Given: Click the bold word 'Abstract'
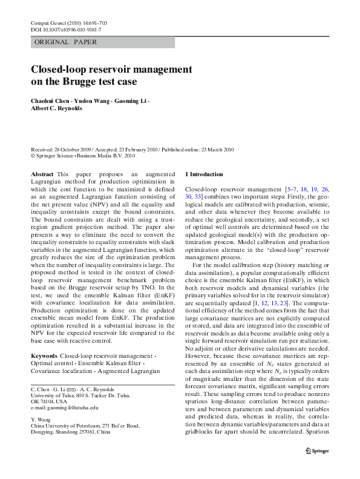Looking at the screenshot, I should point(42,174).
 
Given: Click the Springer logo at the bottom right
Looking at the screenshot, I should point(316,467).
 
